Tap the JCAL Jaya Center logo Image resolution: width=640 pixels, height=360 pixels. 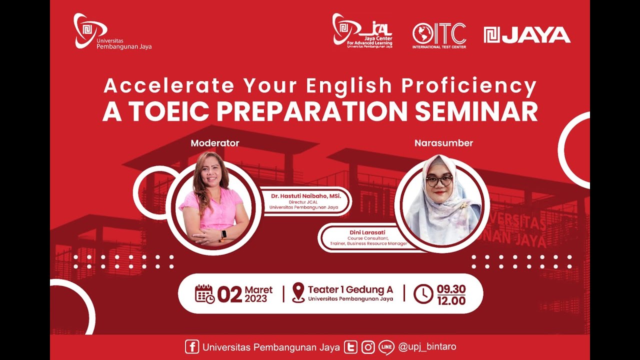[362, 30]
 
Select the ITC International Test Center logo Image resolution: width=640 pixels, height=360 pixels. [439, 35]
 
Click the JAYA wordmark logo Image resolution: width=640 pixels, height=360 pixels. [527, 35]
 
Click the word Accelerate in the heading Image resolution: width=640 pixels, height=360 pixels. [168, 86]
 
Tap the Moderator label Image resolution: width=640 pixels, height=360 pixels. [215, 143]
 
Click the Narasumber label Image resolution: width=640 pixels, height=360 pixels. [443, 143]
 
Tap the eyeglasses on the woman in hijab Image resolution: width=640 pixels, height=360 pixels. [439, 180]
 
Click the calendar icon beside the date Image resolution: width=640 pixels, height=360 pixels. [204, 294]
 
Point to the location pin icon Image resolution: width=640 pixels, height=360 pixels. [298, 292]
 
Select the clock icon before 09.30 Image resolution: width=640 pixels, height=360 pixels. [423, 294]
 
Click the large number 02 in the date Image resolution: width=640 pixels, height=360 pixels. [229, 295]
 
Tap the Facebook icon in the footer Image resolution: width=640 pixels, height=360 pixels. [191, 347]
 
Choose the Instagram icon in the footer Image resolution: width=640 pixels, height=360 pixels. [368, 347]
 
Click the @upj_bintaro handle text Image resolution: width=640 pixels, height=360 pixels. [427, 346]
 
